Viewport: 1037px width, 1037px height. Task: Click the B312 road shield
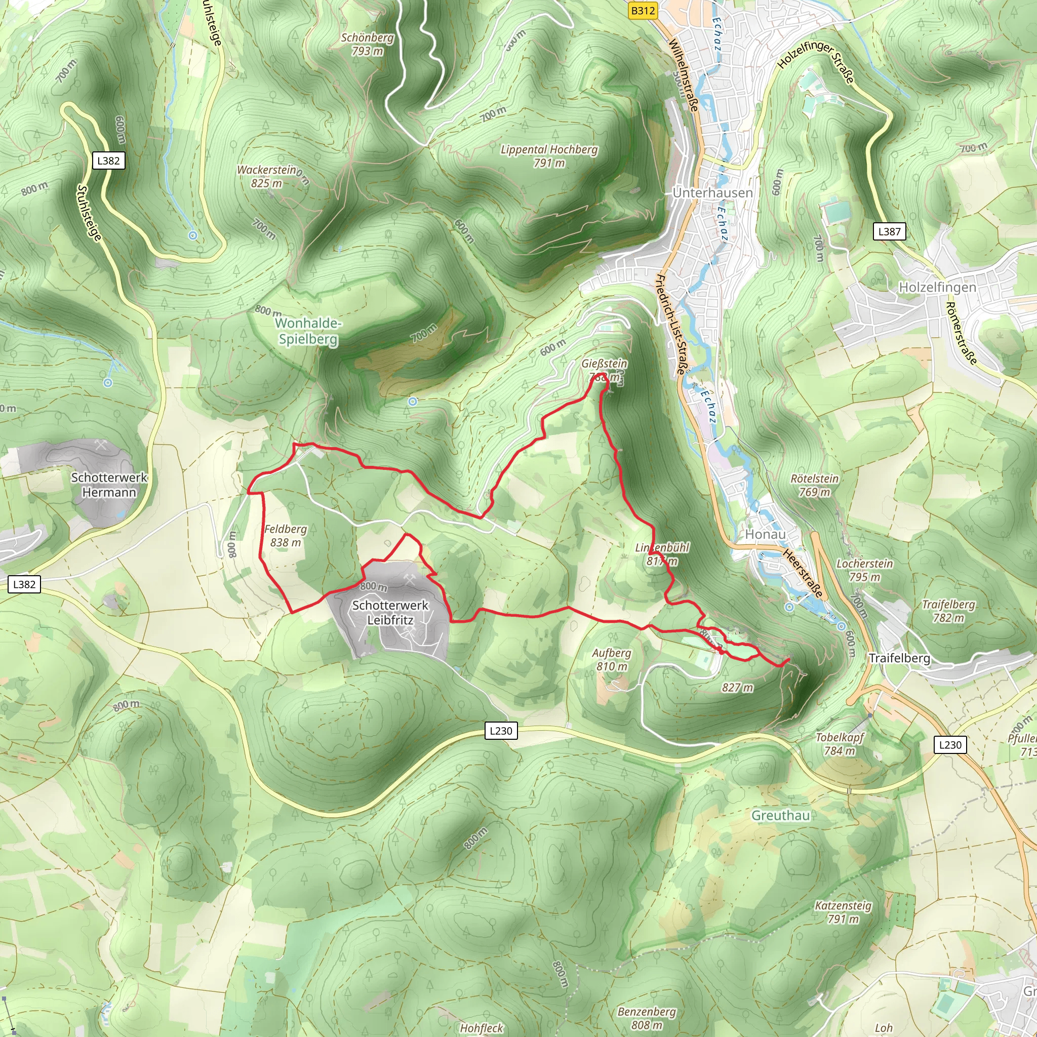point(643,11)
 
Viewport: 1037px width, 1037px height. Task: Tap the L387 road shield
point(889,231)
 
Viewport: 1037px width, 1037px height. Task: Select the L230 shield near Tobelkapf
point(950,744)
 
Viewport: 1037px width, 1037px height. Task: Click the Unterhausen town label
point(712,193)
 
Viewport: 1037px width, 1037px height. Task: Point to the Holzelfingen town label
point(937,287)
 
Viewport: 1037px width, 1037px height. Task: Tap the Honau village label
point(765,534)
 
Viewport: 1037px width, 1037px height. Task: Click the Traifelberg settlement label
point(899,658)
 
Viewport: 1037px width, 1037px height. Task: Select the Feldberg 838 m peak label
point(286,536)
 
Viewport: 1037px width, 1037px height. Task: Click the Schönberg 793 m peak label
point(367,44)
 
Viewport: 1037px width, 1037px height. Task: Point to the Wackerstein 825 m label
point(267,176)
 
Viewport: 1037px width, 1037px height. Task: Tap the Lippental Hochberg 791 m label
point(548,155)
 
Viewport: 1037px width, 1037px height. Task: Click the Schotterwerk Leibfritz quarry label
point(390,613)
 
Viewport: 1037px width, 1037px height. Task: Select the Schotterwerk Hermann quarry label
point(109,485)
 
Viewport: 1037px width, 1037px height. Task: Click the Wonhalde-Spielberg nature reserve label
point(308,331)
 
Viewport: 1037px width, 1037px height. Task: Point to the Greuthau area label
point(780,815)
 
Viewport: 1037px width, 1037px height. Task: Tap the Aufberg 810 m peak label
point(611,660)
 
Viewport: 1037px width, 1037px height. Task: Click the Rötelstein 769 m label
point(814,485)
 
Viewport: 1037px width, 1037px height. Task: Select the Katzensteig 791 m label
point(843,912)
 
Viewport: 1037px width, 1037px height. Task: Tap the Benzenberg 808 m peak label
point(646,1018)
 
